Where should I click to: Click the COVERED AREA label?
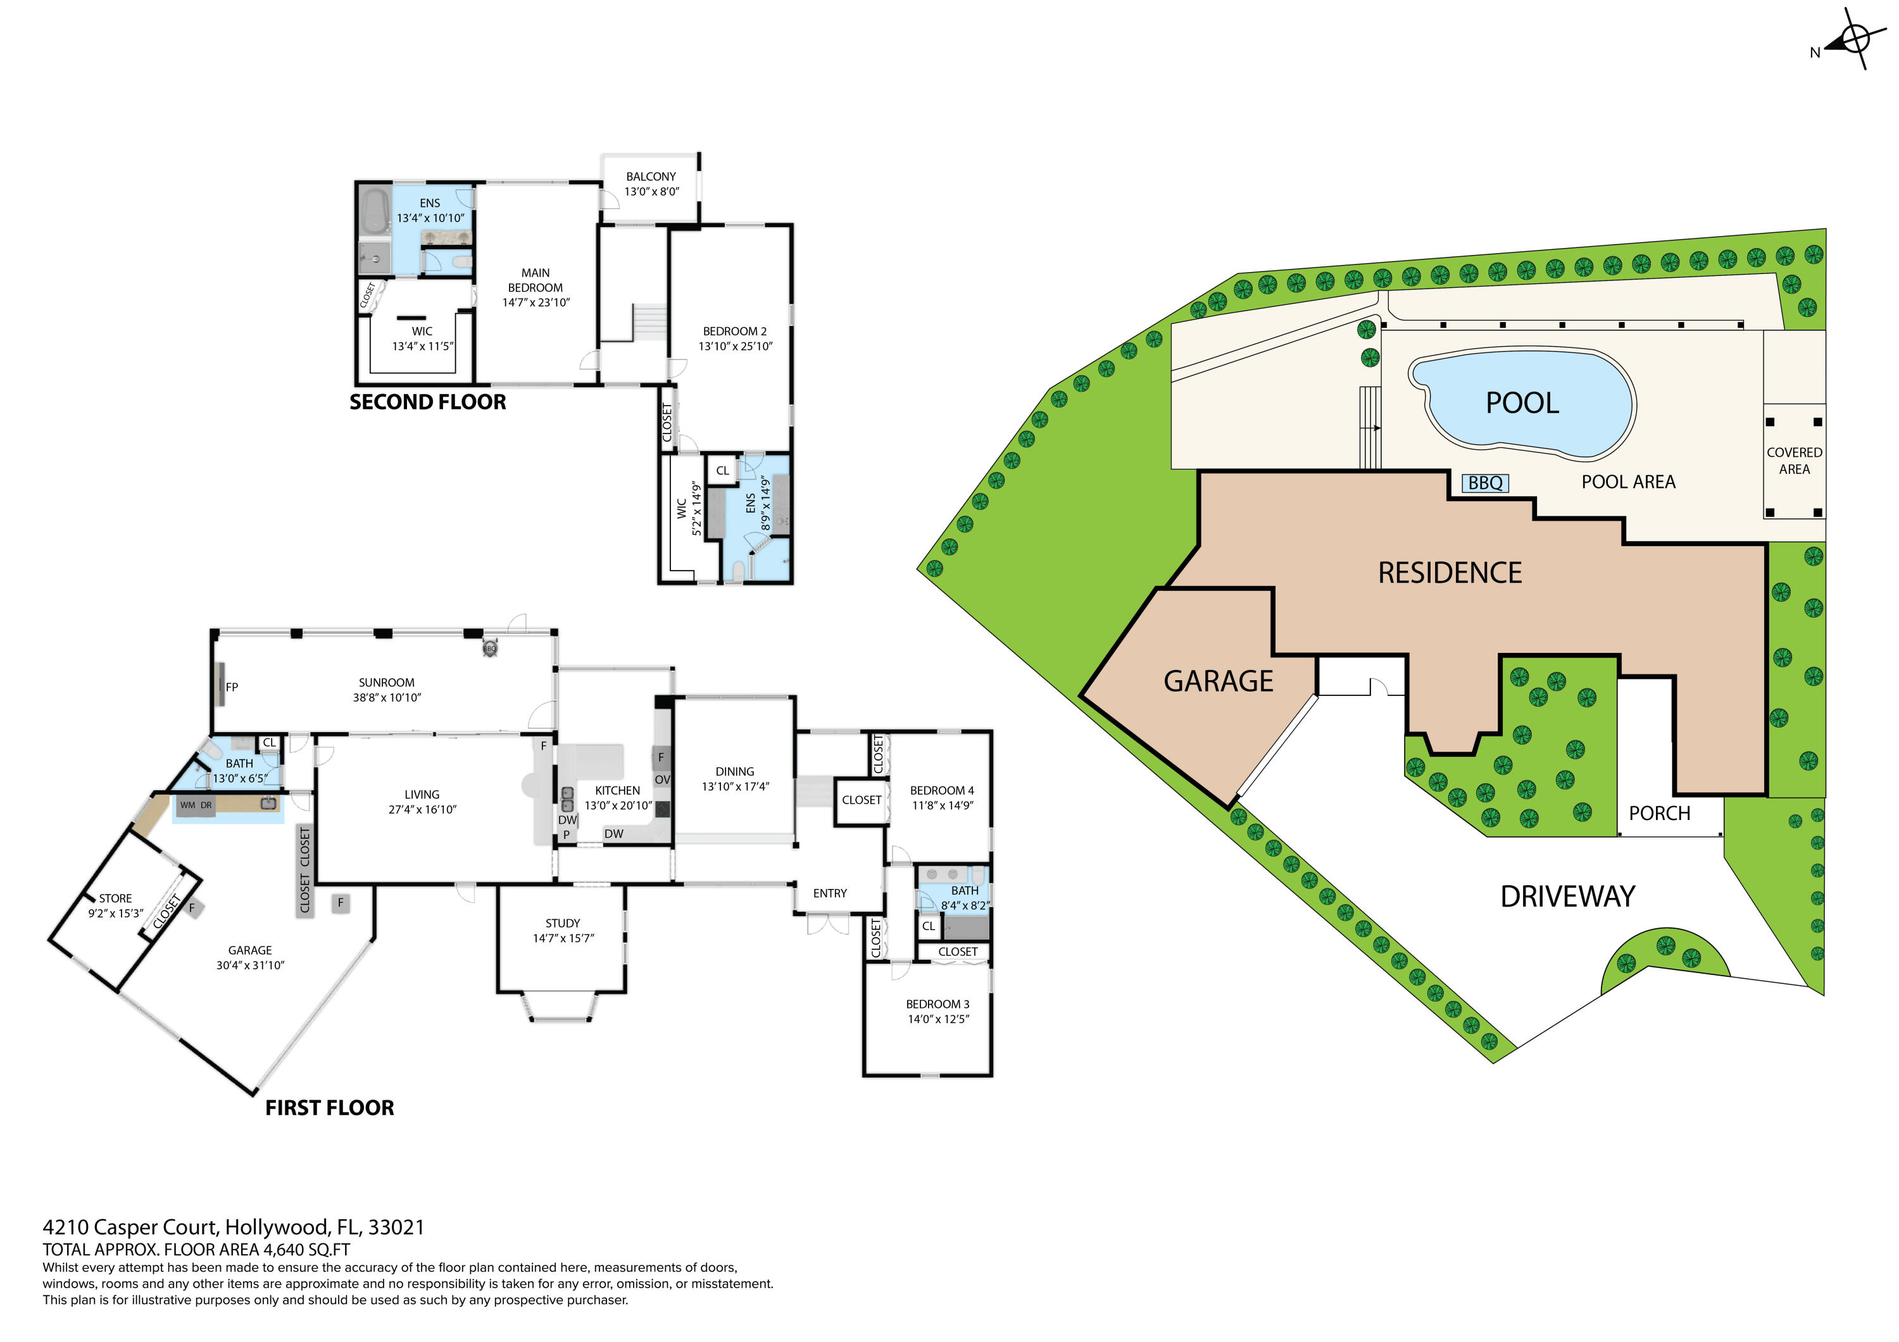coord(1793,461)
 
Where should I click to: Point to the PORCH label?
coord(1658,814)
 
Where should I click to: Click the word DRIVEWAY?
coord(1567,897)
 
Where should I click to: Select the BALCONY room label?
coord(650,177)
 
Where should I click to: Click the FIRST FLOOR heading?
coord(329,1108)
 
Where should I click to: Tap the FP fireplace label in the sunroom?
coord(232,687)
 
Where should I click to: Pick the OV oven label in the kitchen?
coord(661,780)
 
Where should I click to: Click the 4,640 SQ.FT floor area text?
coord(306,1250)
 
